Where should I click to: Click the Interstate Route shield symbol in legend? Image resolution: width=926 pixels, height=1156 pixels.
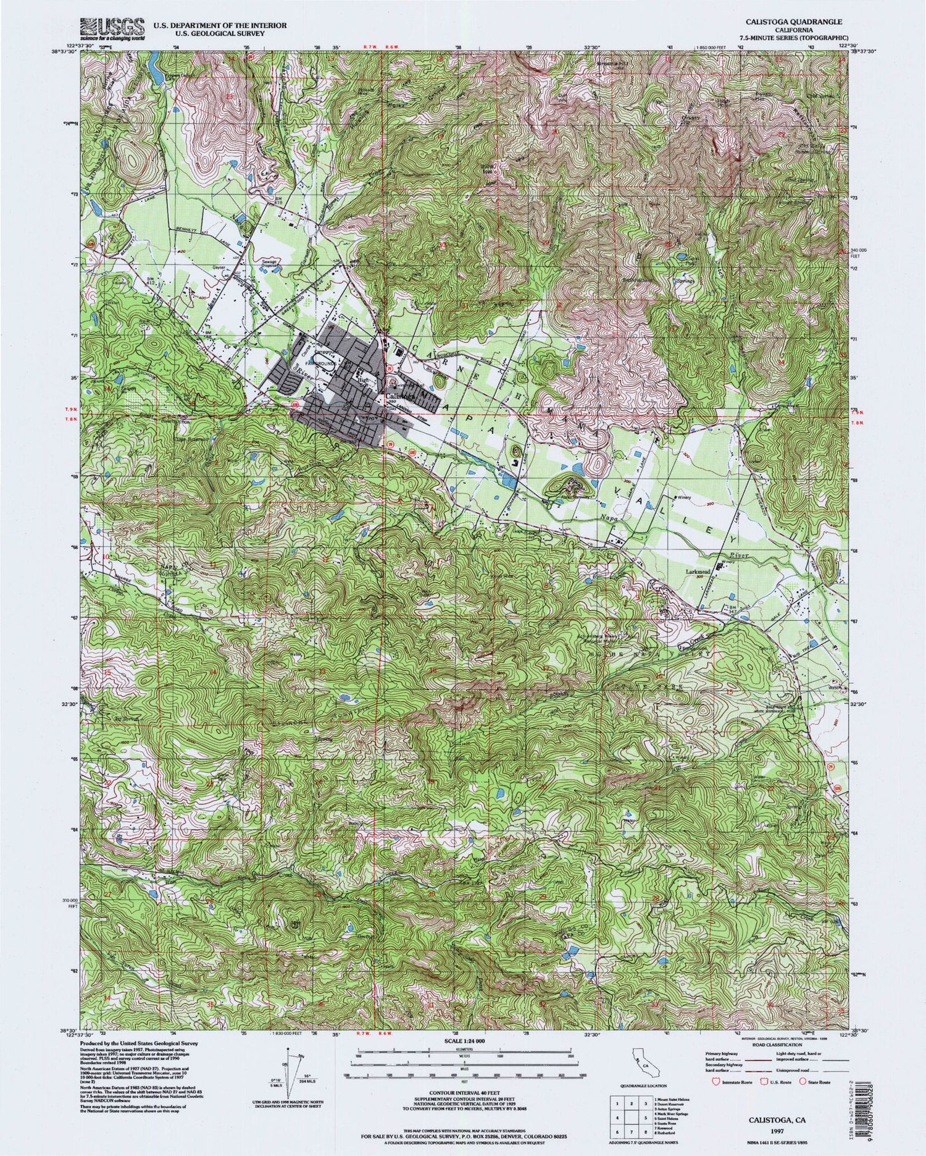(716, 1082)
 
